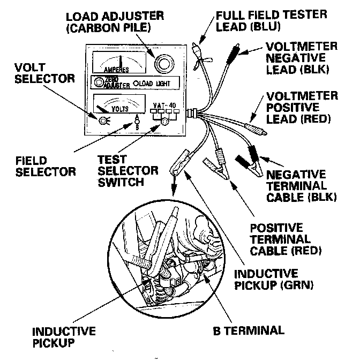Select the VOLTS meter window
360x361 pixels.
[119, 102]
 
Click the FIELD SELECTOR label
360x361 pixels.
[32, 166]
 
